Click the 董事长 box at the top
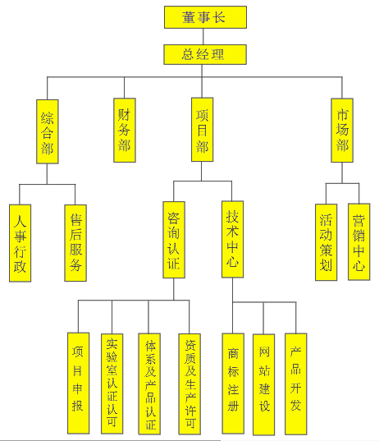(x=205, y=17)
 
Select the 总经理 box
(x=205, y=54)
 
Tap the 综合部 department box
(x=48, y=131)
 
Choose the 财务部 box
(x=125, y=131)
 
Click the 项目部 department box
(x=203, y=130)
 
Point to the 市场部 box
(x=342, y=131)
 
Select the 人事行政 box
(x=20, y=243)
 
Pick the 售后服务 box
(x=75, y=243)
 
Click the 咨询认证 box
(x=174, y=240)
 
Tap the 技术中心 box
(x=233, y=239)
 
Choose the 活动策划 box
(x=326, y=242)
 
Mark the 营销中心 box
(x=359, y=242)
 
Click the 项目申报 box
(x=79, y=383)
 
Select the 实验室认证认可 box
(x=112, y=384)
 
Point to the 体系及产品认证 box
(x=149, y=384)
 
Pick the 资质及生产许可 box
(x=189, y=384)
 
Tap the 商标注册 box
(x=233, y=384)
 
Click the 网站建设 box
(x=264, y=384)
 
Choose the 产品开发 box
(x=296, y=384)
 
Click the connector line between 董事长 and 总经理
(x=203, y=37)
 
